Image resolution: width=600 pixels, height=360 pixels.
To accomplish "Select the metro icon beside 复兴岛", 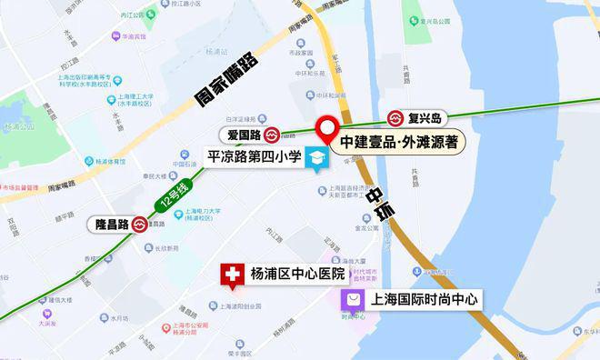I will [396, 118].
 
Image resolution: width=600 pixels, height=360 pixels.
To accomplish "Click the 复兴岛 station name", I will [424, 118].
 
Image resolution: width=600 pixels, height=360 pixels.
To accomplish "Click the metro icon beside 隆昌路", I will [140, 224].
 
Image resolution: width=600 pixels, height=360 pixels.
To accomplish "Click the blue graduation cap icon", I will [317, 159].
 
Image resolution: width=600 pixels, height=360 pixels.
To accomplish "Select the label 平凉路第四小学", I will [255, 155].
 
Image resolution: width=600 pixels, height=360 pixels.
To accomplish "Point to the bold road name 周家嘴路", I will [226, 80].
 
